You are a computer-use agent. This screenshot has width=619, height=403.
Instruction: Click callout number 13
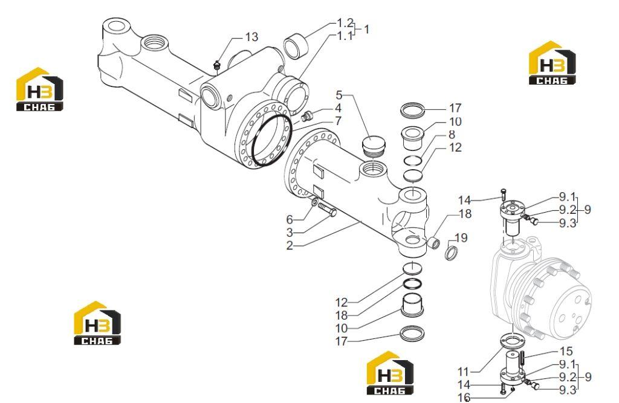coord(251,37)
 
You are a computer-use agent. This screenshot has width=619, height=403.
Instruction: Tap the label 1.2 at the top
coord(345,22)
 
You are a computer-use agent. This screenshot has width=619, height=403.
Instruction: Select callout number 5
coord(339,95)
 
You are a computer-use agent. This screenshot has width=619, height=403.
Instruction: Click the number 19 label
coord(461,237)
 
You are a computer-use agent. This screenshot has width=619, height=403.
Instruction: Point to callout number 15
coord(566,351)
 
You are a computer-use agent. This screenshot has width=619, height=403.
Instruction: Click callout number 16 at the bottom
coord(464,397)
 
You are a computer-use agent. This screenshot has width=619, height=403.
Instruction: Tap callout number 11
coord(463,372)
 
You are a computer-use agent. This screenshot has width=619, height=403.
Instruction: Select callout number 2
coord(290,245)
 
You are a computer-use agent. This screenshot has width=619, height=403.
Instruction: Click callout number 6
coord(290,219)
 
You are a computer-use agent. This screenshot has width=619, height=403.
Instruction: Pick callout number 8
coord(452,134)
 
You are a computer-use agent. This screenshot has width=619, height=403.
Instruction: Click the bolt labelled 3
coord(328,210)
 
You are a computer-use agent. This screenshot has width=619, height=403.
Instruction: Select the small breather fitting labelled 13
coord(216,66)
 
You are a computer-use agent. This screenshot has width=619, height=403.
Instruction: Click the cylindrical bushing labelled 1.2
coord(296,47)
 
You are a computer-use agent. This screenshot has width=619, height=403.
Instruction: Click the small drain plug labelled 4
coord(306,116)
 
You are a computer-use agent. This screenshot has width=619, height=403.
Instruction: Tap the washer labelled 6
coord(314,202)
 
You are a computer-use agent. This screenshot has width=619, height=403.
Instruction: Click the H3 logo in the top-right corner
coord(553,62)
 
